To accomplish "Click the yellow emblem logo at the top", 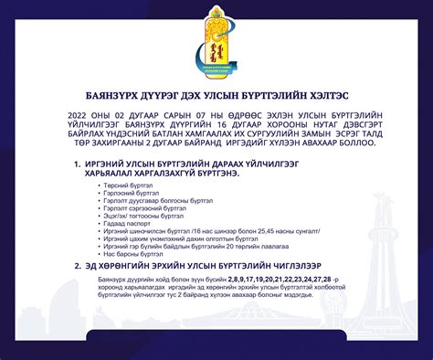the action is (x=216, y=44).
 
